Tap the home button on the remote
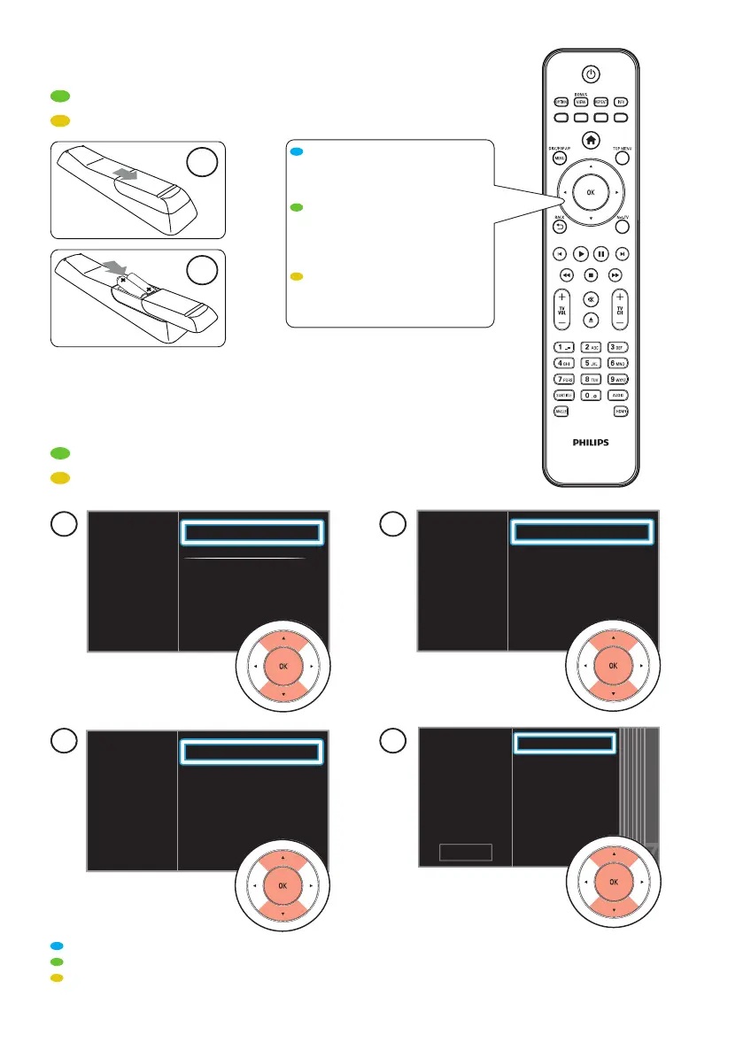coord(591,139)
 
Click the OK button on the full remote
coord(591,191)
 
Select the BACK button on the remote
coord(560,227)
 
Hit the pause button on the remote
coord(600,253)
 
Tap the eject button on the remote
coord(591,318)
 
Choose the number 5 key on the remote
coord(591,363)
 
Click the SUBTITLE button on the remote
coord(561,395)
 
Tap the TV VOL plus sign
coord(561,297)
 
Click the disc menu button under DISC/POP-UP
coord(560,158)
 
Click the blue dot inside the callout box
coord(299,152)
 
